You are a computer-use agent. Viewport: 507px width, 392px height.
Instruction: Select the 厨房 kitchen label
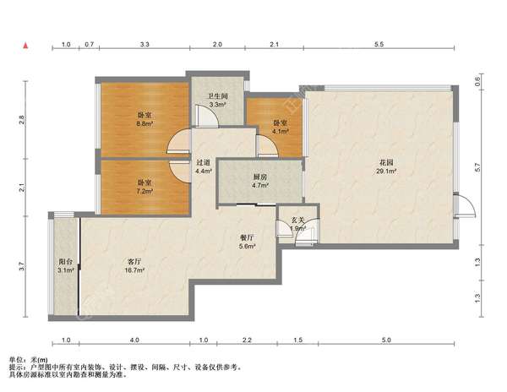pos(259,177)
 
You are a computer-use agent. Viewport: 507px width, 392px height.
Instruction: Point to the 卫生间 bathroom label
pos(218,96)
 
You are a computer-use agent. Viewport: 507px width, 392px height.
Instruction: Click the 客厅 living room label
pos(134,261)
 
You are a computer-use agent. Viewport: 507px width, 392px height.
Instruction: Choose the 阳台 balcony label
pos(65,261)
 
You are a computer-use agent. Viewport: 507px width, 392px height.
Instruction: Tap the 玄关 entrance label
pos(297,220)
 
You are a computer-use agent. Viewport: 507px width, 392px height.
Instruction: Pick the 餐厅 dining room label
pos(247,238)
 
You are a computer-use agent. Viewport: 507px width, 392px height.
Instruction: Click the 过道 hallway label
pos(203,162)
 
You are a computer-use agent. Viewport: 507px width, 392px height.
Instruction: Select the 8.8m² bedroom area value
pos(144,123)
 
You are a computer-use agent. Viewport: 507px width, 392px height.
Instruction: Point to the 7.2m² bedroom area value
pos(144,191)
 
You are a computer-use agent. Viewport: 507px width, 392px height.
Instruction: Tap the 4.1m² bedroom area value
pos(280,131)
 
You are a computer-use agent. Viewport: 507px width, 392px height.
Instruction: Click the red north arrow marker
pos(25,46)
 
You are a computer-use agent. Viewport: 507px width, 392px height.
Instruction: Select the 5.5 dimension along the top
pos(379,44)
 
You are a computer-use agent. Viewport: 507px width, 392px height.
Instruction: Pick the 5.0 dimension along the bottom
pos(386,340)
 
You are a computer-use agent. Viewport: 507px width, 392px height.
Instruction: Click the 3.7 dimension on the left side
pos(22,267)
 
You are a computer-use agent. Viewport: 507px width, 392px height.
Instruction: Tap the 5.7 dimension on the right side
pos(478,167)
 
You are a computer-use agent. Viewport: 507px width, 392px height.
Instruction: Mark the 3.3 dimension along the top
pos(144,44)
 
